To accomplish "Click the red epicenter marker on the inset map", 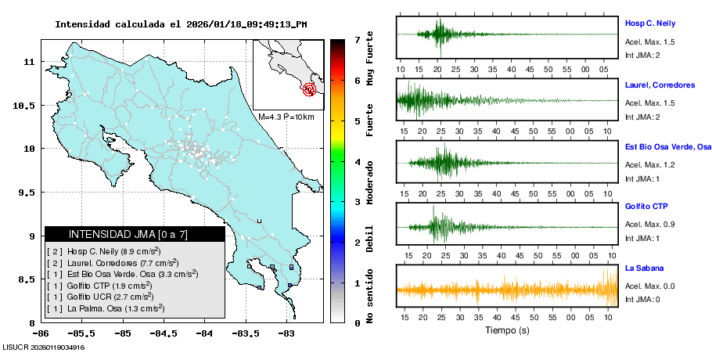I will pos(310,89).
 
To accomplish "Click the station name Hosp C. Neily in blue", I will pos(649,23).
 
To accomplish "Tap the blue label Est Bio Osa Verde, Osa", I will pos(667,146).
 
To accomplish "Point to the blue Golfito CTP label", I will pos(646,207).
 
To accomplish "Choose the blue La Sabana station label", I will pos(643,268).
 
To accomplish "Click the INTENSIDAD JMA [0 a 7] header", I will pos(135,234).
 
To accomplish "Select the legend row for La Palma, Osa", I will pos(106,309).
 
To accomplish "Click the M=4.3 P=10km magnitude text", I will pos(286,117).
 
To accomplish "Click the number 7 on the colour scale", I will pos(357,39).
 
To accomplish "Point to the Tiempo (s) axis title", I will pos(507,330).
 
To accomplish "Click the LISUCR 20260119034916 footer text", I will pos(44,347).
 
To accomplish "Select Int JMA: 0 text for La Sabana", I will pos(643,300).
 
